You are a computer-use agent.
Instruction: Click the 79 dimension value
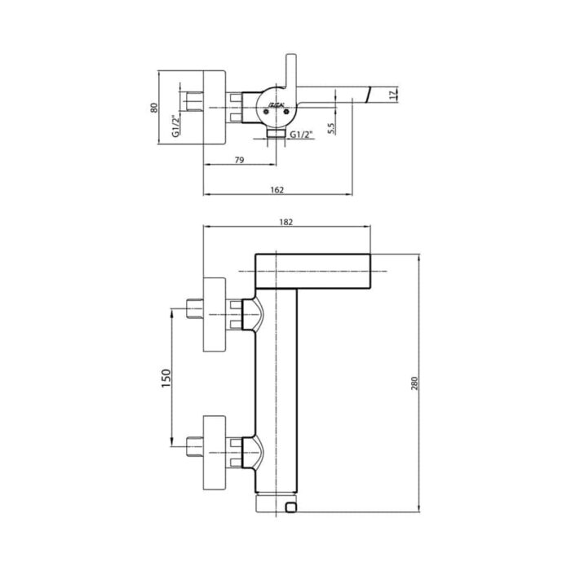(x=239, y=160)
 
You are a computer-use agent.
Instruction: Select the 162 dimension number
(x=277, y=189)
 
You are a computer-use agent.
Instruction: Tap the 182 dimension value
(x=285, y=221)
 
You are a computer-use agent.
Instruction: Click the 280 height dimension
(x=414, y=384)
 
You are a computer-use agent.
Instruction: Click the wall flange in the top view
(x=211, y=108)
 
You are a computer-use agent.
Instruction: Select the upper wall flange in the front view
(x=214, y=315)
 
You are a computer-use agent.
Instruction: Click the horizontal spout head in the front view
(x=313, y=271)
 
